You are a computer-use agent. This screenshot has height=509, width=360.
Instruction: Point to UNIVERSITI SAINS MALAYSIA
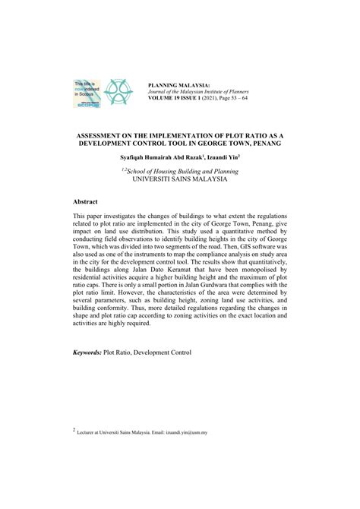(x=180, y=181)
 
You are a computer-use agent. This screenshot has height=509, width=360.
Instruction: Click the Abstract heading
(x=87, y=203)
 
